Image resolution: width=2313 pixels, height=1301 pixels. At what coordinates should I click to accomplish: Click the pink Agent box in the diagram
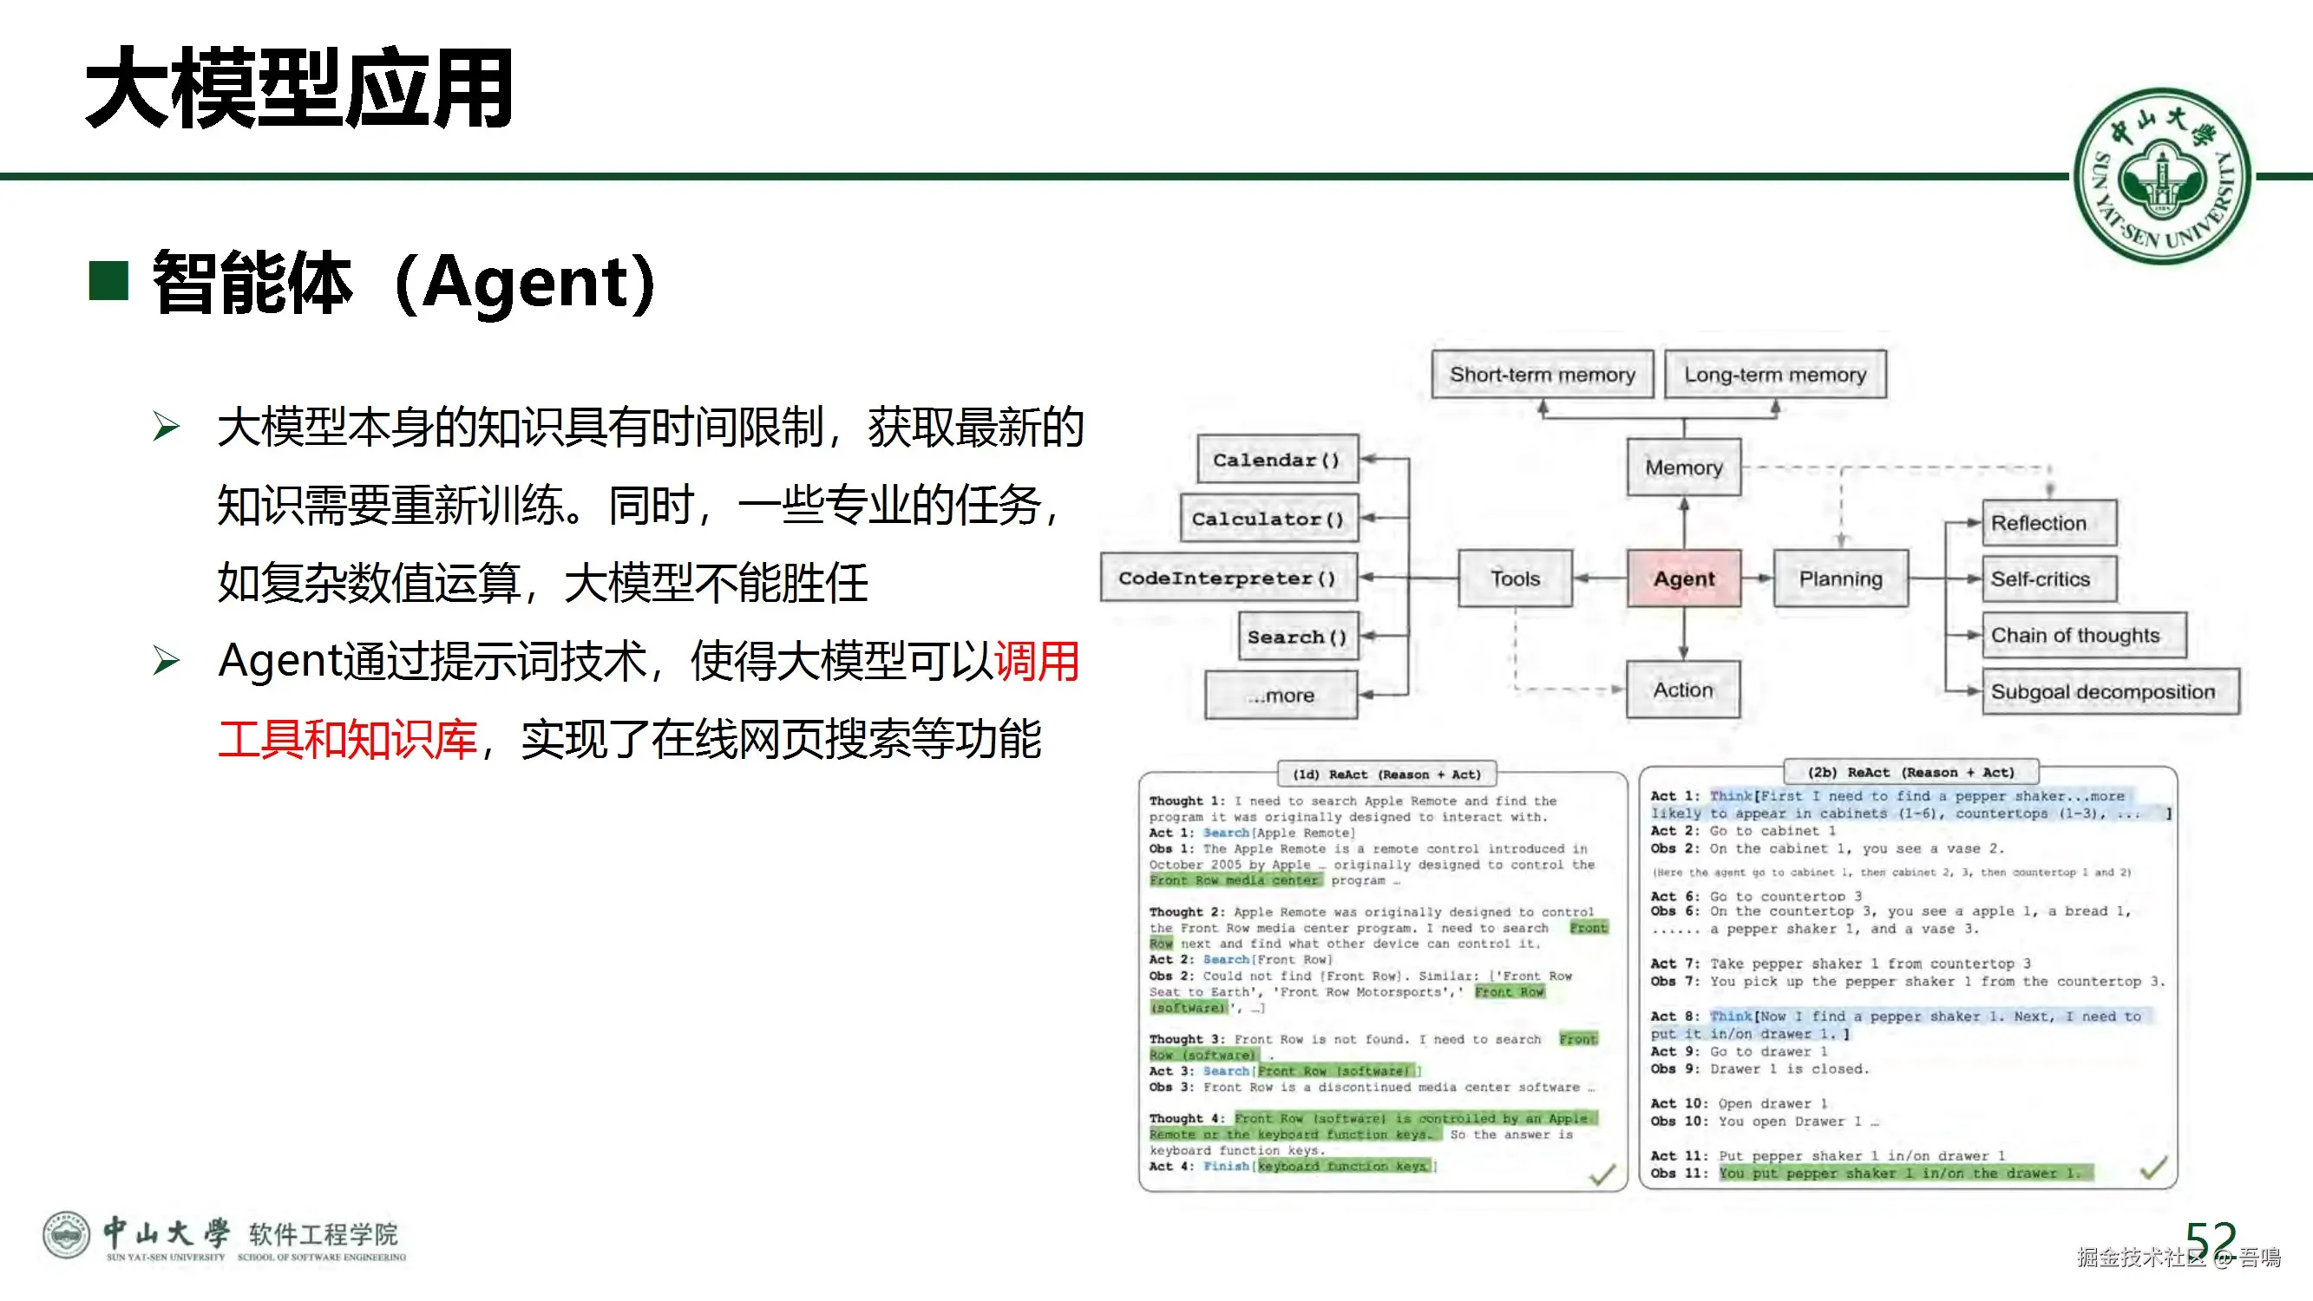tap(1684, 579)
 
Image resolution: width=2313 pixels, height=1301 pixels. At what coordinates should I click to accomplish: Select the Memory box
tap(1684, 467)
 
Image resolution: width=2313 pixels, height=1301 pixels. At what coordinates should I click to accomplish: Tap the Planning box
tap(1841, 579)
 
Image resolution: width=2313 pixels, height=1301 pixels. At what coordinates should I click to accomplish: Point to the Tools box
tap(1515, 579)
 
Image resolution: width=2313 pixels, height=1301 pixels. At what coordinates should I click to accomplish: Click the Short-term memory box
tap(1542, 375)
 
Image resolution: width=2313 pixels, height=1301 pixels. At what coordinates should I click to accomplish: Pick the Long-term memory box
tap(1775, 375)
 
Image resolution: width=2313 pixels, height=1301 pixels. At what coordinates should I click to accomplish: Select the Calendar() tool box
tap(1277, 460)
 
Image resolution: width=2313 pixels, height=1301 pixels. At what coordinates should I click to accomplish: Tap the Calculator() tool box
tap(1268, 519)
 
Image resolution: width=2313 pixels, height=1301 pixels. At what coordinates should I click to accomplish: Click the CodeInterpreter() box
tap(1228, 579)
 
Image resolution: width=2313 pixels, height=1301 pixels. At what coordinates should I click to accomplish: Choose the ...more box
tap(1281, 696)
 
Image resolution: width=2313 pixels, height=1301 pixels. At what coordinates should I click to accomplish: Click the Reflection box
tap(2048, 524)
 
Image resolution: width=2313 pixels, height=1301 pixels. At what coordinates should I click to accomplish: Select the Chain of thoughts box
tap(2083, 636)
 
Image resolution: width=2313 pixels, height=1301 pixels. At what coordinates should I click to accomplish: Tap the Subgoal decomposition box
tap(2110, 692)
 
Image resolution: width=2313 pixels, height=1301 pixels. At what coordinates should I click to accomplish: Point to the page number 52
tap(2211, 1241)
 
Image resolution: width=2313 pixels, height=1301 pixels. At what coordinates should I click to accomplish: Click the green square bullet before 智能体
tap(108, 281)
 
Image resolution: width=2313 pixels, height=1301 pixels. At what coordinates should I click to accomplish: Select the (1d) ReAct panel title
tap(1386, 774)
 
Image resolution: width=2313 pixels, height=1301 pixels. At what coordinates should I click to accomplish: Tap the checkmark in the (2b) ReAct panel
tap(2153, 1168)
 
